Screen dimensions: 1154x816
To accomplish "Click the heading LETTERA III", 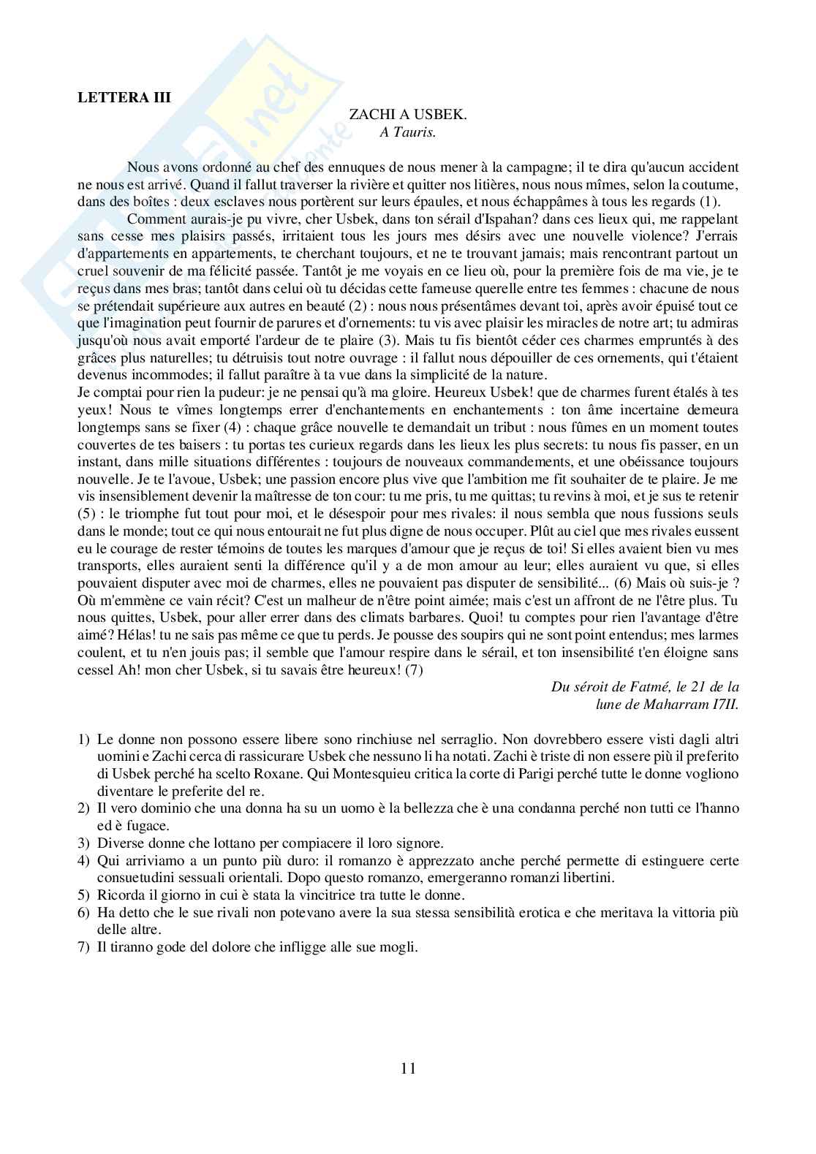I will point(124,99).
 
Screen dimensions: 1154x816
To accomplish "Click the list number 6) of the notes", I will point(83,912).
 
